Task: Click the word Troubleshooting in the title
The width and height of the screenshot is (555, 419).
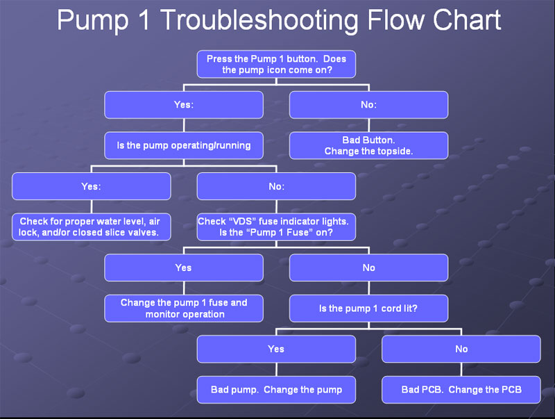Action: pos(259,22)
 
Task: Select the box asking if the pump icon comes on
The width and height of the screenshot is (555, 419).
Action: pos(276,64)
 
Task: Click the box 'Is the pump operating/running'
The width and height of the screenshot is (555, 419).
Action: pos(184,145)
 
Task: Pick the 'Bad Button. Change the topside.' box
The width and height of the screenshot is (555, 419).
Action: pos(369,145)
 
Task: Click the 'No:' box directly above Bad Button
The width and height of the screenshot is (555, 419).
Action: pos(369,105)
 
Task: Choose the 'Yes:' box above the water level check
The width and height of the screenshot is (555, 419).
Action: pos(92,186)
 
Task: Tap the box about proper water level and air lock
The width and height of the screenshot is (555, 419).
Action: pos(92,227)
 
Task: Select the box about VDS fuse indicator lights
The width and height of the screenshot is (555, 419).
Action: pos(276,227)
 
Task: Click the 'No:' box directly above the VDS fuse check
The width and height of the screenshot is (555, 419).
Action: pos(276,186)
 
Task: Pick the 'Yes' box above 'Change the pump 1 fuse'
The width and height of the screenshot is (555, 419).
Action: pos(184,268)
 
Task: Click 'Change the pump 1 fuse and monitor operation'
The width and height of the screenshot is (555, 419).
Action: pos(184,309)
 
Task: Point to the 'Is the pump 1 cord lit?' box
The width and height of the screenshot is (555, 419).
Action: pos(369,309)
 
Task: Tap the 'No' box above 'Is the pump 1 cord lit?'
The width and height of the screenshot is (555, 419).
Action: pos(369,268)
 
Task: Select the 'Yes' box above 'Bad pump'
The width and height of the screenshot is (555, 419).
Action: pos(276,349)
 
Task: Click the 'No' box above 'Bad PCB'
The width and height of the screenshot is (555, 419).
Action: pos(461,349)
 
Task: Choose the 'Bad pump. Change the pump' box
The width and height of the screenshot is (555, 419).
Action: pos(276,390)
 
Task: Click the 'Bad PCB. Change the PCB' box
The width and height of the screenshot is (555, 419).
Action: pos(461,390)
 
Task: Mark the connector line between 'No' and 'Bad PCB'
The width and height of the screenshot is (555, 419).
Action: pos(461,370)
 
